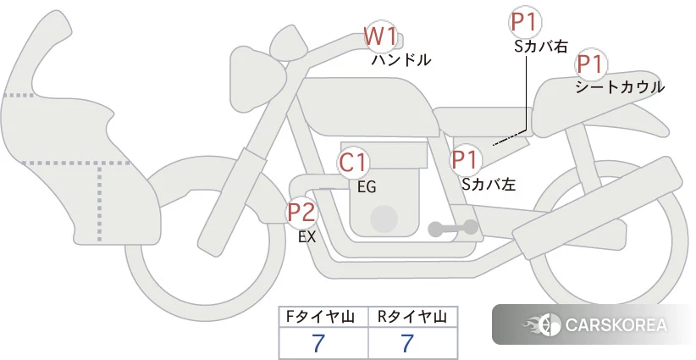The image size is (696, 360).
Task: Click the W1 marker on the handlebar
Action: (x=380, y=36)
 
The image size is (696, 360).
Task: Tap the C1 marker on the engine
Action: (x=353, y=163)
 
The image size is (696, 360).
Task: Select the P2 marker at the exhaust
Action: (x=302, y=212)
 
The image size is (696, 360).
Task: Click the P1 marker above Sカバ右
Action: (x=526, y=22)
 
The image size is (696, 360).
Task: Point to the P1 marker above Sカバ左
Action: (x=466, y=159)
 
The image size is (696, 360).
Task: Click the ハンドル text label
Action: (x=401, y=60)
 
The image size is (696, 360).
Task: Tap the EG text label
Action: (x=367, y=187)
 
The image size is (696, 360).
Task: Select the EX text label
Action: (x=307, y=238)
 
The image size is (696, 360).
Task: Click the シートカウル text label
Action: (x=620, y=86)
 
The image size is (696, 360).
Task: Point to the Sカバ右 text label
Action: (x=541, y=47)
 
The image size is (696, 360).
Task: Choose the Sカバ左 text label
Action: (x=489, y=182)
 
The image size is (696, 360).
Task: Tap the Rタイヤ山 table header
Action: (x=412, y=317)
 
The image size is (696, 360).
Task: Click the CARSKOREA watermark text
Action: (x=616, y=325)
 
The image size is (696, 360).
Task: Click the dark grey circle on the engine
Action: (x=384, y=219)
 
